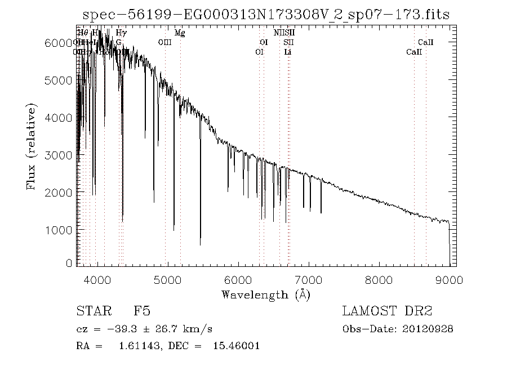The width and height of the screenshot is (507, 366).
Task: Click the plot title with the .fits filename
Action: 266,15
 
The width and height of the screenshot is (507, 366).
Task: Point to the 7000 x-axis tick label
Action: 308,280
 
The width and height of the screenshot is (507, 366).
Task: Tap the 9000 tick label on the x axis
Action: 449,280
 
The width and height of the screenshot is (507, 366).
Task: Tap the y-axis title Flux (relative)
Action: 32,146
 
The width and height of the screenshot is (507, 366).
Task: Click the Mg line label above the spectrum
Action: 180,33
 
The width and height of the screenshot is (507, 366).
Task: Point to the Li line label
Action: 288,52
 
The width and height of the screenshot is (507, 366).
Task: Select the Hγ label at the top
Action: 121,33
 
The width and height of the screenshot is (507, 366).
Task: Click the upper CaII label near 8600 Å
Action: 425,42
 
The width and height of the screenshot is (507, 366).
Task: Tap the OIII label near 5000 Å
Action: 165,42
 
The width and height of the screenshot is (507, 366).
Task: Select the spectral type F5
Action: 141,311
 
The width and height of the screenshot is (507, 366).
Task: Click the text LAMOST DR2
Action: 387,311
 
